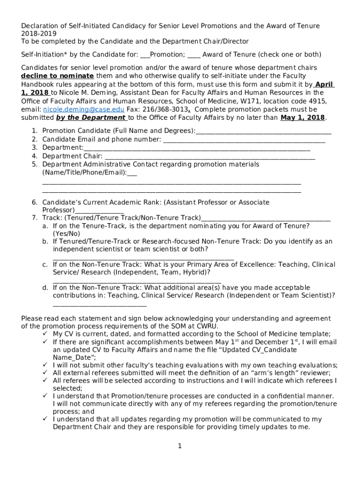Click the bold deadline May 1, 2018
click(x=303, y=117)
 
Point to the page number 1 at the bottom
click(x=180, y=446)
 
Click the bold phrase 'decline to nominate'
click(x=57, y=76)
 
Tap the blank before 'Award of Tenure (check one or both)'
click(x=194, y=55)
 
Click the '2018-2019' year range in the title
click(x=39, y=34)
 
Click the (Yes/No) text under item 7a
click(x=66, y=233)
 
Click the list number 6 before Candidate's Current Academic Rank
click(x=34, y=203)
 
